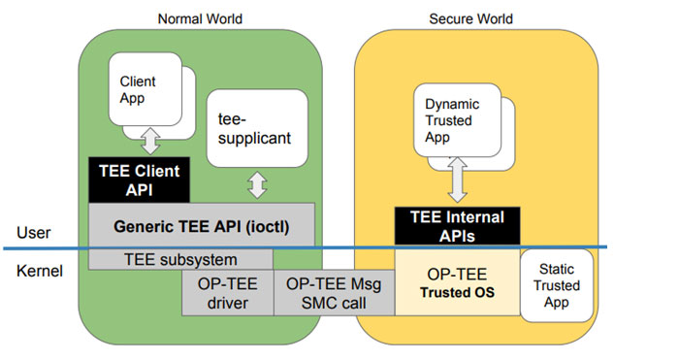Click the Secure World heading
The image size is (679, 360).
pos(470,18)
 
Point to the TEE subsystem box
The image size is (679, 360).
pos(180,259)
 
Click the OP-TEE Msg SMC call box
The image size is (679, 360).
pos(333,293)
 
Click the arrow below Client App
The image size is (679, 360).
pos(149,142)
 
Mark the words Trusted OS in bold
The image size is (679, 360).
pos(454,293)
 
